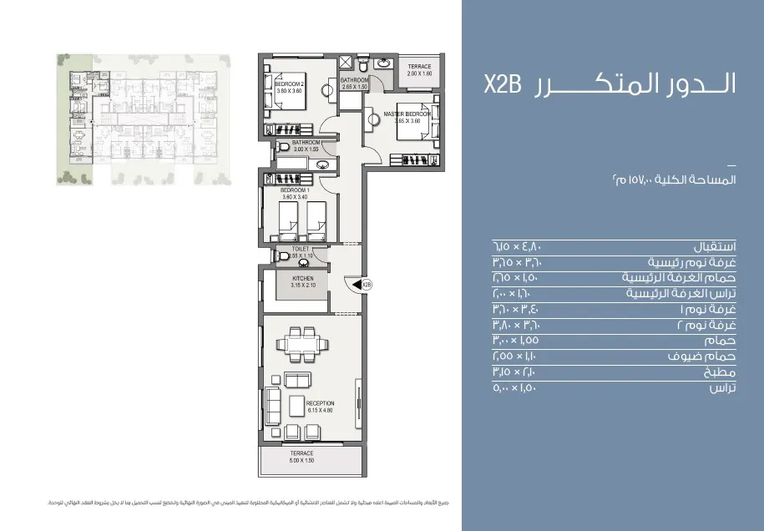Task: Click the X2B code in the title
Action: [x=503, y=86]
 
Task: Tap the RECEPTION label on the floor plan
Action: [x=320, y=407]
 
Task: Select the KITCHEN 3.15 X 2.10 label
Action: [x=302, y=281]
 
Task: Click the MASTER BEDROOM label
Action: [x=407, y=117]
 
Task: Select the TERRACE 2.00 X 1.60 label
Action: [x=419, y=70]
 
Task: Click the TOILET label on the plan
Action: [x=301, y=250]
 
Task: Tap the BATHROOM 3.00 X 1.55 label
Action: [x=306, y=146]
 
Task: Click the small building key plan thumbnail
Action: [x=140, y=118]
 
